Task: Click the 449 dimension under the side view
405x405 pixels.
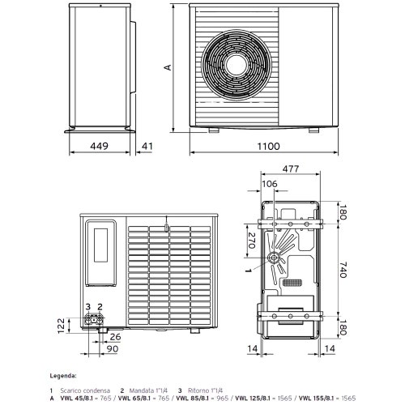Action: pos(98,147)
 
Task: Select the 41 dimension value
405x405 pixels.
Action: pos(147,147)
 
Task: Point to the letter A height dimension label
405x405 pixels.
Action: pos(168,68)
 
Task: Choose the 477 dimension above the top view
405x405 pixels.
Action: pos(291,169)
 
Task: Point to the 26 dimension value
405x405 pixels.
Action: pos(115,337)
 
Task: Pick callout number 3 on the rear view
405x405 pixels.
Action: pos(88,306)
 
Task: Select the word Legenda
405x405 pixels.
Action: pos(63,377)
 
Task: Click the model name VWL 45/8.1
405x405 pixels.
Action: pos(79,398)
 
